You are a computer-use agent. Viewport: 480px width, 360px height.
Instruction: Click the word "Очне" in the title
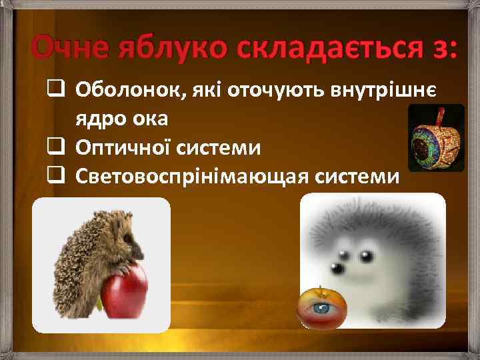69,49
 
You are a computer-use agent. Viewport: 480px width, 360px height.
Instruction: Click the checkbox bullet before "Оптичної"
55,146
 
